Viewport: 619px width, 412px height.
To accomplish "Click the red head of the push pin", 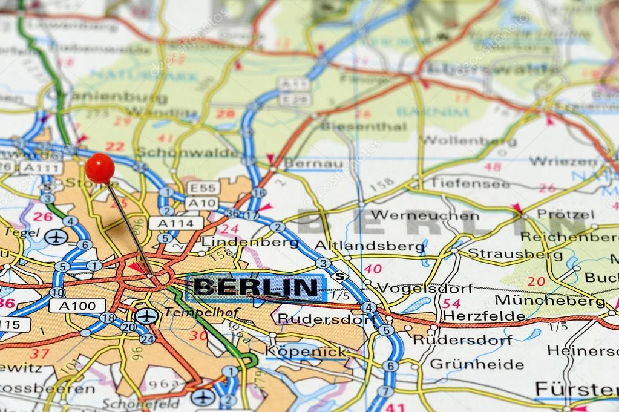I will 100,168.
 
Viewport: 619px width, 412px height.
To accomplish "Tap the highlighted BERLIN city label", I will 256,287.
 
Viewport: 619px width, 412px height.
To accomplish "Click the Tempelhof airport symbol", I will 146,316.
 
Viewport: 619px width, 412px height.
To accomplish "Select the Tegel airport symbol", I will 56,237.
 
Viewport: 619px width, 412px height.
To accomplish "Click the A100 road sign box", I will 77,306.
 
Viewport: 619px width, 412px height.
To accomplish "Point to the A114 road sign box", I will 175,223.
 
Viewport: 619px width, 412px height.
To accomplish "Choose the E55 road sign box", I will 203,188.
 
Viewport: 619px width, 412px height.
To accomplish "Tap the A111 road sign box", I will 41,168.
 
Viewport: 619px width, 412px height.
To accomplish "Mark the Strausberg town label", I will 506,253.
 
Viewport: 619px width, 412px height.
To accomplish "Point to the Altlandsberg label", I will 370,246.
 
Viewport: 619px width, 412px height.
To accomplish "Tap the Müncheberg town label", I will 549,300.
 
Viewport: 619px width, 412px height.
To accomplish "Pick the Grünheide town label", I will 477,364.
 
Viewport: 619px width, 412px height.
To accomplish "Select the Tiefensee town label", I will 470,183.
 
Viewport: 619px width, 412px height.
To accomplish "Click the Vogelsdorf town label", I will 425,288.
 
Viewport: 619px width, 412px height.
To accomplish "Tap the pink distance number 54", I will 451,303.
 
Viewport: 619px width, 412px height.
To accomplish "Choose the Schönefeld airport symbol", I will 203,397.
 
